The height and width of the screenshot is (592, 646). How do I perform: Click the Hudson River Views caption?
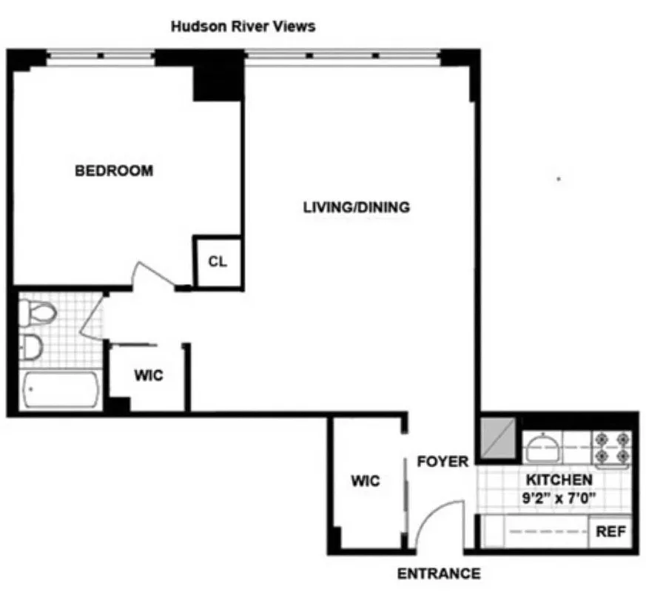[x=243, y=27]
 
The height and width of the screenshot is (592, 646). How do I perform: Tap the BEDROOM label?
[x=114, y=171]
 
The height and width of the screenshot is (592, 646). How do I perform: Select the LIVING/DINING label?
[x=356, y=207]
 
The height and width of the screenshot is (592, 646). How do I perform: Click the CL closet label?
[x=217, y=262]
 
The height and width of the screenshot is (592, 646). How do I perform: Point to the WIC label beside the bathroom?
[x=148, y=375]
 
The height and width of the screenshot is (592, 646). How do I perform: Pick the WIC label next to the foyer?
[x=366, y=481]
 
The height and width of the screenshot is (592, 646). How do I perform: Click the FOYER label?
[x=443, y=462]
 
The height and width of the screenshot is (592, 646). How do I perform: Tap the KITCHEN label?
[x=559, y=480]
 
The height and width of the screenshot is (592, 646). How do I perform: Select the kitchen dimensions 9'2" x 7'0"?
[x=559, y=498]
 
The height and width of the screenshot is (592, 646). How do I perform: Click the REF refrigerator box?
[x=611, y=532]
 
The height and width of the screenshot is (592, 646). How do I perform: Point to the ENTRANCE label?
[x=439, y=573]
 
